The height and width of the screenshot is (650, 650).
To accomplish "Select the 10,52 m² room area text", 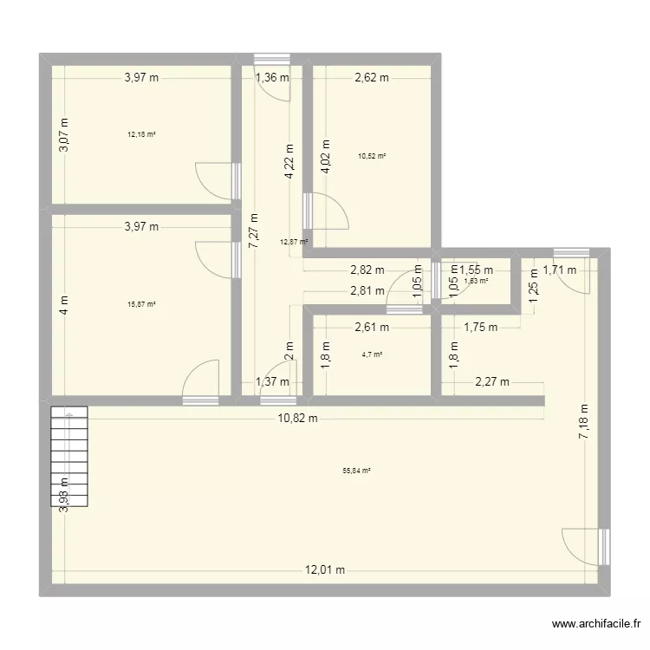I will pyautogui.click(x=372, y=156).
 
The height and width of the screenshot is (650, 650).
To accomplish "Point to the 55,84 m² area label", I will pyautogui.click(x=356, y=471).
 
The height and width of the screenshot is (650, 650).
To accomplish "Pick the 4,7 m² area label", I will pyautogui.click(x=372, y=354).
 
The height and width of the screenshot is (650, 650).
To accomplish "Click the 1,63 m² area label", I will pyautogui.click(x=476, y=280).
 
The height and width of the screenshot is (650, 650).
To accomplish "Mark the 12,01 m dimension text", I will pyautogui.click(x=324, y=569).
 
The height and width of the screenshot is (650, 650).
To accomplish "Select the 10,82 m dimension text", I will pyautogui.click(x=297, y=419).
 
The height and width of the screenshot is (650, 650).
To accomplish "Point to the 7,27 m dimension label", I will pyautogui.click(x=253, y=233).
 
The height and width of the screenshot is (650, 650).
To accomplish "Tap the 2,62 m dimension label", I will pyautogui.click(x=372, y=77).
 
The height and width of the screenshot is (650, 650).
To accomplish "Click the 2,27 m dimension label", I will pyautogui.click(x=491, y=381).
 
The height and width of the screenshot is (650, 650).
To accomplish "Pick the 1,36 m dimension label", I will pyautogui.click(x=271, y=77).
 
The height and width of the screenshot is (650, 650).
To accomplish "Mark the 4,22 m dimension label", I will pyautogui.click(x=289, y=160).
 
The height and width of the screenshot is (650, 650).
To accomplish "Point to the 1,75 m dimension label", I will pyautogui.click(x=481, y=327).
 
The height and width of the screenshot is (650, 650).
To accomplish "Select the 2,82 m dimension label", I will pyautogui.click(x=367, y=270).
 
